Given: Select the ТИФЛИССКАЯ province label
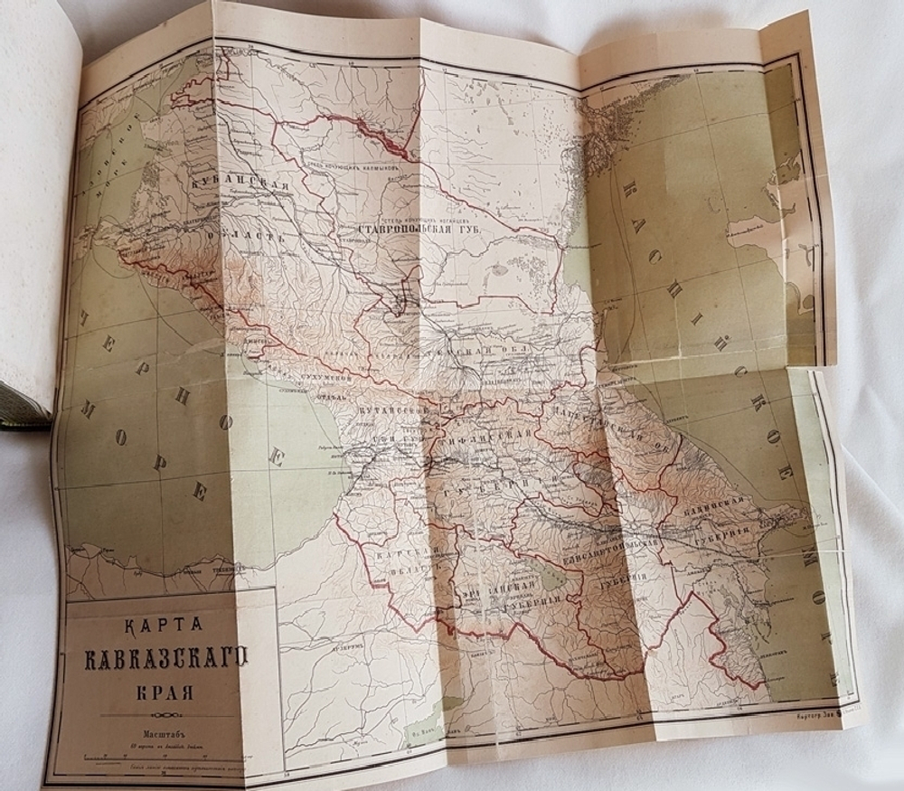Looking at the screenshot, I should pyautogui.click(x=487, y=444).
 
